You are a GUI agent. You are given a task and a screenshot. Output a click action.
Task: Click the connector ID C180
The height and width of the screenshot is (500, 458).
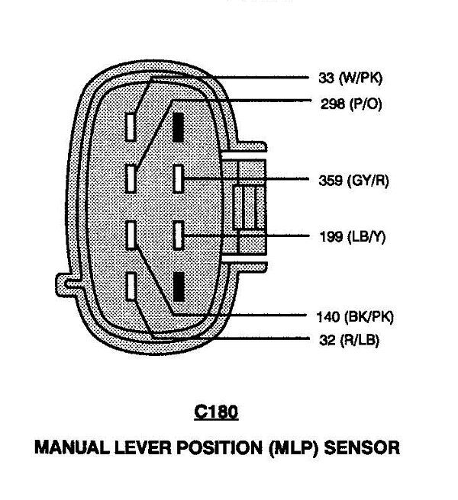216,412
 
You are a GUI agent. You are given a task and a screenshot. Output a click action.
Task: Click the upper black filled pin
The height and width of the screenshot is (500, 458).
179,127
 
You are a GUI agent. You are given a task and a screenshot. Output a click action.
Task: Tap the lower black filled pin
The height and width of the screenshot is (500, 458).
179,286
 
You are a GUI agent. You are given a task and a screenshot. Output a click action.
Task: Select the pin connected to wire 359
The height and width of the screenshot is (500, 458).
179,180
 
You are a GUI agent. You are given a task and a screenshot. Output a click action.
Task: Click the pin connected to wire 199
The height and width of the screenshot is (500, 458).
179,235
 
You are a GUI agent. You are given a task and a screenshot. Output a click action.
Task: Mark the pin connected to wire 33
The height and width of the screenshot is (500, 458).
132,127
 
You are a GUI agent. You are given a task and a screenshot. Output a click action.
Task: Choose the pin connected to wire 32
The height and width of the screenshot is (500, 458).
132,286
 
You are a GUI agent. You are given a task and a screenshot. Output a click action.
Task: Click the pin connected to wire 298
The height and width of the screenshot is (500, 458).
132,180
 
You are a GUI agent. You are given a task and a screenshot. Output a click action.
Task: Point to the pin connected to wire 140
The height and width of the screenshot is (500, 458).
132,235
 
